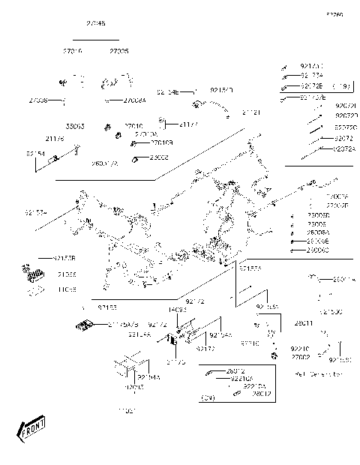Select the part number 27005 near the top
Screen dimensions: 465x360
point(118,51)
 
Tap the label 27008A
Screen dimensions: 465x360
point(135,100)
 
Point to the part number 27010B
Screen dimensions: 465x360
point(162,142)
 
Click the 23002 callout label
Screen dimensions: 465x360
point(158,157)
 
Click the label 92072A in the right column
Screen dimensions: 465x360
point(343,149)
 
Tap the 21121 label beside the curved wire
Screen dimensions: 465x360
point(251,112)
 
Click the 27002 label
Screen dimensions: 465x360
point(301,358)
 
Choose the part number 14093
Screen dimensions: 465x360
point(177,309)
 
